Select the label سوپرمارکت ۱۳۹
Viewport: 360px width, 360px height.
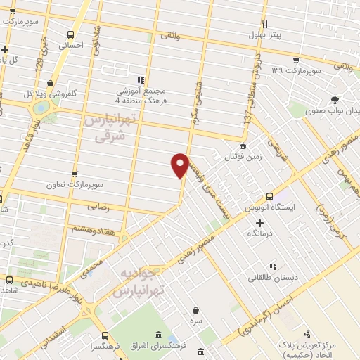297,71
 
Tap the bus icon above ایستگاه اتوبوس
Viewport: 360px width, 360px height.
269,197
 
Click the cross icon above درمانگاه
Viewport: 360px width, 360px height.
259,223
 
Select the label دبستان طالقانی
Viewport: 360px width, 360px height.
273,277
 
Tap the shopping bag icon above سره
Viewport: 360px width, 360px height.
195,309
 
